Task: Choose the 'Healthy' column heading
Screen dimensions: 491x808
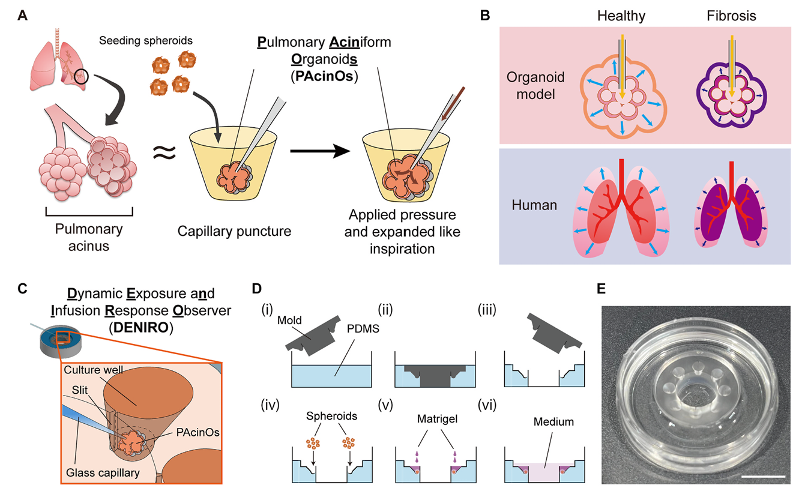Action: (622, 16)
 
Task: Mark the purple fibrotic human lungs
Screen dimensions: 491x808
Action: (728, 210)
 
